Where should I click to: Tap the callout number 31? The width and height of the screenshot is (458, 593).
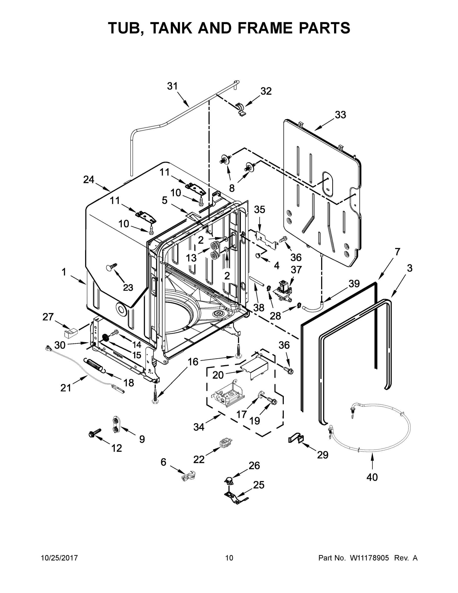pos(172,86)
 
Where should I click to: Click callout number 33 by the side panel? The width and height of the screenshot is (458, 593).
pos(340,115)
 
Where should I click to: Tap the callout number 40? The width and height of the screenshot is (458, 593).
pos(372,477)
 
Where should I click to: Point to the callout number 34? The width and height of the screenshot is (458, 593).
pos(199,427)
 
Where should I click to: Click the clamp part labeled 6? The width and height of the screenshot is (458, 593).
pos(188,476)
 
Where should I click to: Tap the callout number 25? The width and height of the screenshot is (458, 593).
pos(259,485)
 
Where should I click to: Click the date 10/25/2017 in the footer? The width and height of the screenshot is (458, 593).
pos(60,558)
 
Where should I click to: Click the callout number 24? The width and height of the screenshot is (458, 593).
pos(89,179)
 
